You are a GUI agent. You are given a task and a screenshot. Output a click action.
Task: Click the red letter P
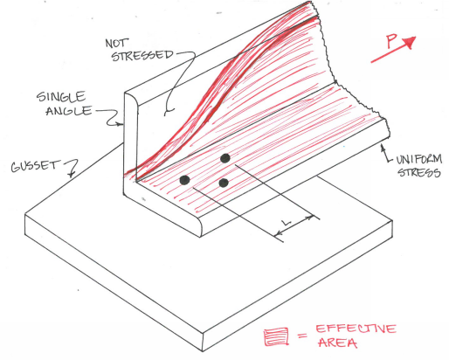[391, 41]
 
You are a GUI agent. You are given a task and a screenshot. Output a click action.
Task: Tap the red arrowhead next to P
[409, 43]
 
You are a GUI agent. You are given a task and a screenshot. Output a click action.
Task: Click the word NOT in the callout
[116, 44]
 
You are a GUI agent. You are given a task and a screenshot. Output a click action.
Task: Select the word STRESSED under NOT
[142, 55]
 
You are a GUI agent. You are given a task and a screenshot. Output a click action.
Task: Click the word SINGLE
[61, 97]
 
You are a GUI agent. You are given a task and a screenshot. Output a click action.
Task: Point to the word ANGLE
[69, 111]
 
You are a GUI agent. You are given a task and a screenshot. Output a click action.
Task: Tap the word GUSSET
[35, 166]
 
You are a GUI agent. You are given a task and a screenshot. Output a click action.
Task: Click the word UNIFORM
[419, 160]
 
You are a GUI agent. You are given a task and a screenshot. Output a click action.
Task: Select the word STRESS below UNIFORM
[419, 172]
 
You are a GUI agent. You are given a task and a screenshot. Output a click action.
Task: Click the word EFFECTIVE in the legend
[356, 329]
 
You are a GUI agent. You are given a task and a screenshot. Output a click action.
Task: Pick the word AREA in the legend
[338, 343]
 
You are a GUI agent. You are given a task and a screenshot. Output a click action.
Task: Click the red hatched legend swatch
[276, 337]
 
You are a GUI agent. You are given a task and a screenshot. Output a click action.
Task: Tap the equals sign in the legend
[302, 336]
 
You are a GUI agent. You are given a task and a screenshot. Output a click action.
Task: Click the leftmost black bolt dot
[184, 180]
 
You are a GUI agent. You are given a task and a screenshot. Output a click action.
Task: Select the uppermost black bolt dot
[225, 158]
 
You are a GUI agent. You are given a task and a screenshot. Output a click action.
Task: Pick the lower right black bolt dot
[224, 183]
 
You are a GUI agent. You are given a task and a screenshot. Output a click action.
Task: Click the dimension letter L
[287, 223]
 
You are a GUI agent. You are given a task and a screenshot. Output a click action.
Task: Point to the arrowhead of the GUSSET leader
[71, 175]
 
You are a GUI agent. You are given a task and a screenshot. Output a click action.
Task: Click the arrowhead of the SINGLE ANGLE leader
[120, 124]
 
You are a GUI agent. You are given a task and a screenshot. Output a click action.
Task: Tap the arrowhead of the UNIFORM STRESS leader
[383, 148]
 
